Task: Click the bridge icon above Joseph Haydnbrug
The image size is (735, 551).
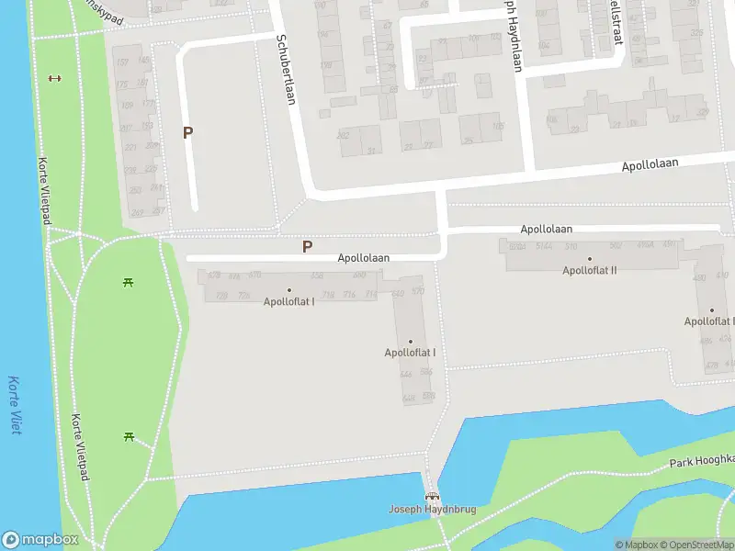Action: click(431, 497)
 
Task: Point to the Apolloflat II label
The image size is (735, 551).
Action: click(589, 270)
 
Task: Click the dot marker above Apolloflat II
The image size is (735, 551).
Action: click(590, 259)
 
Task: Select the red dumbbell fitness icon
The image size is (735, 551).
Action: click(53, 78)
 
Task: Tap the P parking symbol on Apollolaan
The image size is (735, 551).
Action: click(307, 246)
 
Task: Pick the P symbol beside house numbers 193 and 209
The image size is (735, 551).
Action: click(187, 132)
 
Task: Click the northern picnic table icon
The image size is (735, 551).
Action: click(128, 281)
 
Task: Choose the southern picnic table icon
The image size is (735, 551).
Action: click(129, 436)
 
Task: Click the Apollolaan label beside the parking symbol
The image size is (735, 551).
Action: click(363, 258)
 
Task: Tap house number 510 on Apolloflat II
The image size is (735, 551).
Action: click(571, 246)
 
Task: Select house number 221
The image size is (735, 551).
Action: click(130, 147)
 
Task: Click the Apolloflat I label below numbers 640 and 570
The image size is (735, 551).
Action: click(410, 353)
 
